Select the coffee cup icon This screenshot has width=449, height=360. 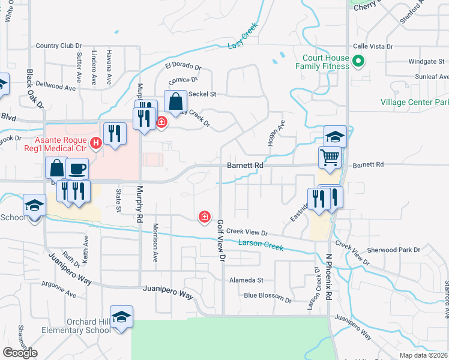click(x=76, y=169)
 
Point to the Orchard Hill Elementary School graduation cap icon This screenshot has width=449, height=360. click(x=121, y=316)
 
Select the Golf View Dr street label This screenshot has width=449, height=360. click(x=221, y=241)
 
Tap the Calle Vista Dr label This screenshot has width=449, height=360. click(x=372, y=46)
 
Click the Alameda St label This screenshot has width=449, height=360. click(x=246, y=280)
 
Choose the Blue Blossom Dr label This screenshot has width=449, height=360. click(x=267, y=295)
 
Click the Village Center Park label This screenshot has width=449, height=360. click(x=414, y=102)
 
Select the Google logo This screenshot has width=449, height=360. click(x=20, y=353)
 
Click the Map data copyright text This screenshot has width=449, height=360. click(x=424, y=355)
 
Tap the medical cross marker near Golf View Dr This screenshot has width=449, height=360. click(x=205, y=216)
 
